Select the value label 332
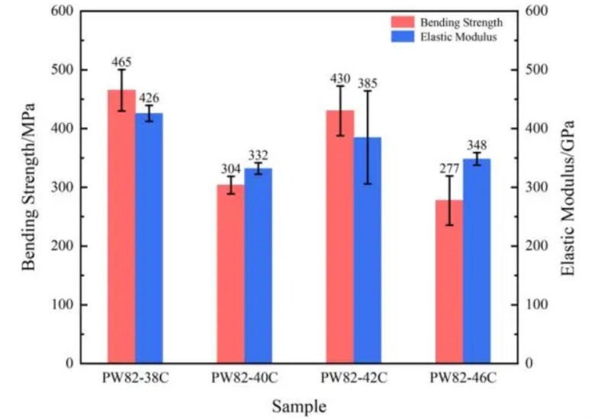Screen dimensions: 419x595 [x=258, y=156]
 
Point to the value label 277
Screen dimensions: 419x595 [x=449, y=168]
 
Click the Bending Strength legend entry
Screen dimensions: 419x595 [x=449, y=22]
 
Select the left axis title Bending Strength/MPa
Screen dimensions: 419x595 [x=29, y=188]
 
